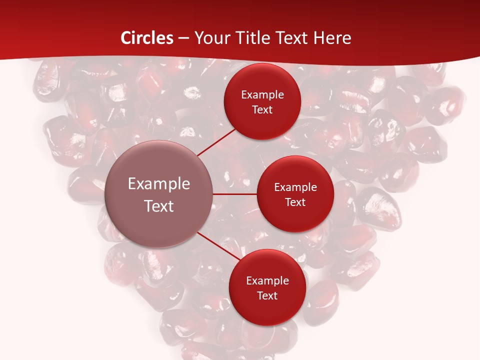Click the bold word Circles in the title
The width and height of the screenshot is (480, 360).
coord(147,38)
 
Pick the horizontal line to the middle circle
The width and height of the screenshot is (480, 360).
coord(235,194)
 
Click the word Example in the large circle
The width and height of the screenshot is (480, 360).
coord(159,184)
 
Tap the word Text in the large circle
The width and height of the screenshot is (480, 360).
coord(159,206)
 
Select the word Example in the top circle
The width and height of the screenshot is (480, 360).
coord(262,95)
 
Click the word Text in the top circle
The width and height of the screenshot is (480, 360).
coord(262,110)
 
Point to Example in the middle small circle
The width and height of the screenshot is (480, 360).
coord(295,187)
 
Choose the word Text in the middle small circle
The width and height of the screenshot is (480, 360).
coord(295,202)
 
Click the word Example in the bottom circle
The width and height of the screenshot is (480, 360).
coord(267,281)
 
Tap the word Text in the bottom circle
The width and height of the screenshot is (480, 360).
coord(267,296)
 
